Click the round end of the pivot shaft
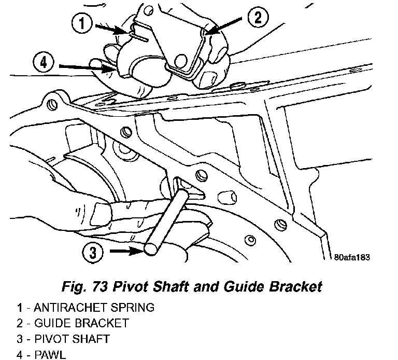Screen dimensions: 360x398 click(x=151, y=250)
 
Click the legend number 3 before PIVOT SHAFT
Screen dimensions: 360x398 click(x=20, y=339)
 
